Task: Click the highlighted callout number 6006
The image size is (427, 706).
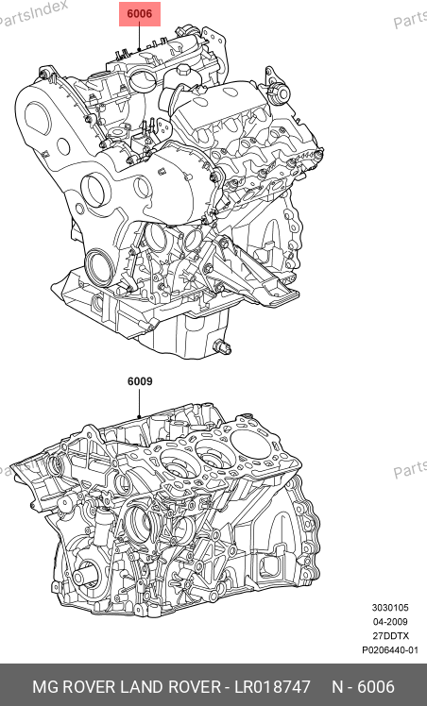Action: click(140, 13)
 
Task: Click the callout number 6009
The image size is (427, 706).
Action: click(140, 381)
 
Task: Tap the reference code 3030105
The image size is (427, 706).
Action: click(390, 608)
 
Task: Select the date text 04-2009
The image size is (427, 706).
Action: click(390, 622)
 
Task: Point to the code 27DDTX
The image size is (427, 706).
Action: click(390, 636)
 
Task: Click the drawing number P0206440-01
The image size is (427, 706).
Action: click(390, 650)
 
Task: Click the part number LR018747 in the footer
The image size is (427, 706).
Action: click(272, 687)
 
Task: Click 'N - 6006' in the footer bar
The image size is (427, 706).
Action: click(363, 687)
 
